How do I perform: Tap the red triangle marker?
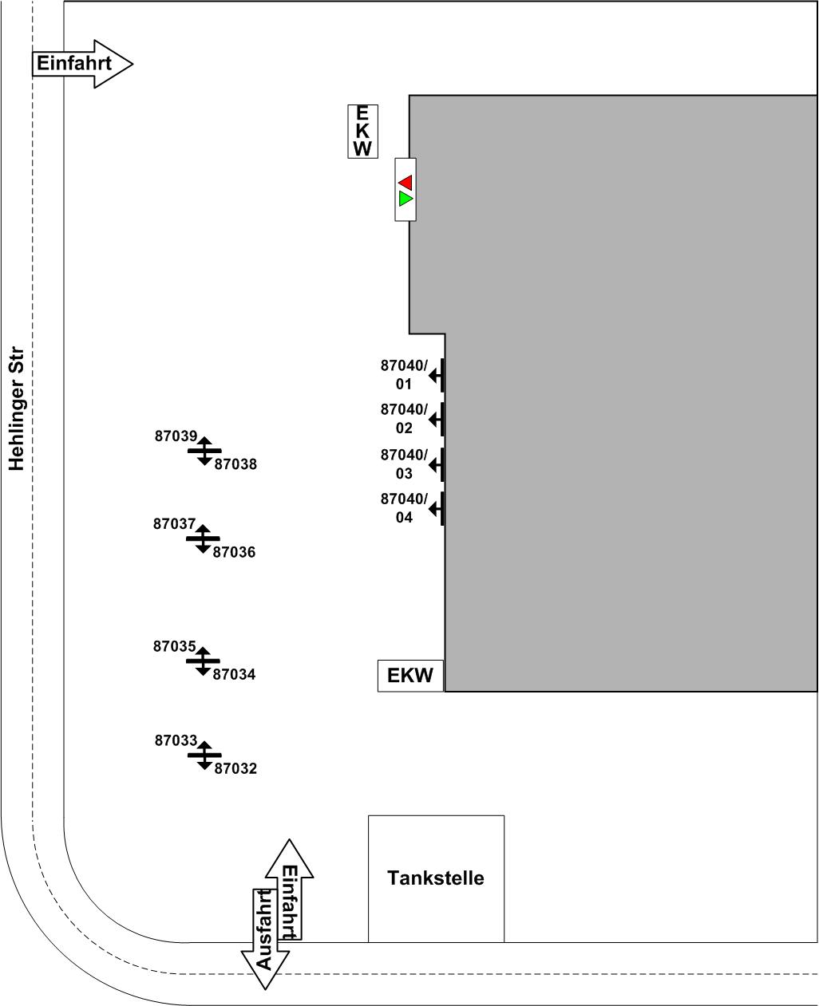point(406,182)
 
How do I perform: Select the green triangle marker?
point(406,198)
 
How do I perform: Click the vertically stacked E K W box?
point(362,131)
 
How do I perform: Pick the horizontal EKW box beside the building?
point(409,676)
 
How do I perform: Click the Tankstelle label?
point(435,878)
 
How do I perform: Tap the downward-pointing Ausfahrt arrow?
point(264,938)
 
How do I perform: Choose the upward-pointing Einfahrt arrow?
point(289,890)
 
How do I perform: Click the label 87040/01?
point(404,375)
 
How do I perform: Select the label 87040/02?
point(404,419)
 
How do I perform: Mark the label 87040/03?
point(404,464)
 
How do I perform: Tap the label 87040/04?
point(404,508)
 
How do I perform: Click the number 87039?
point(176,436)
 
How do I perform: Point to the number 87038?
point(235,464)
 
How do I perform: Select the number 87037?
point(174,524)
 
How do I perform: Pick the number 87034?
point(234,675)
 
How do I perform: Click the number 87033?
point(176,740)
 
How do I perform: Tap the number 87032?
point(235,769)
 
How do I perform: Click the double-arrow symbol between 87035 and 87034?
point(203,661)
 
